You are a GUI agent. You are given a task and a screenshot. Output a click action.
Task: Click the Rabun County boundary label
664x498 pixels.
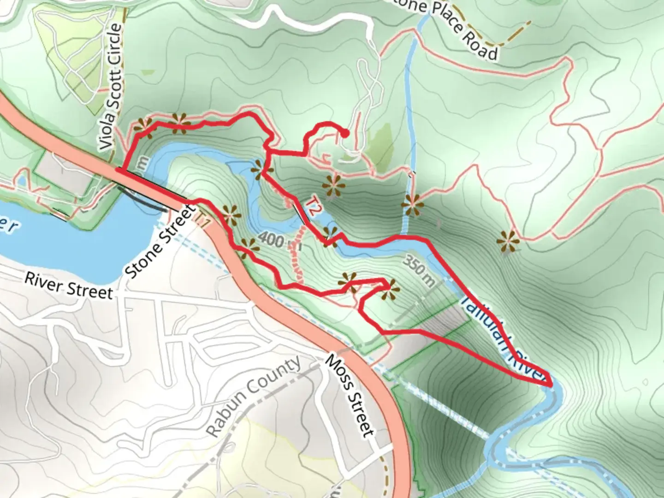253,396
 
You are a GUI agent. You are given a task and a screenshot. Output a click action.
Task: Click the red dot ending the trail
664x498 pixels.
344,134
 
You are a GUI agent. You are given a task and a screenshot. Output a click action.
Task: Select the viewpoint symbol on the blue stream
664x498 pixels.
412,205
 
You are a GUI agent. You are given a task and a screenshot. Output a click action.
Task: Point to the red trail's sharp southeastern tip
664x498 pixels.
551,384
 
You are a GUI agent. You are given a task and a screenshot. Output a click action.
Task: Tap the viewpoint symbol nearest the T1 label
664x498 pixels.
230,215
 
